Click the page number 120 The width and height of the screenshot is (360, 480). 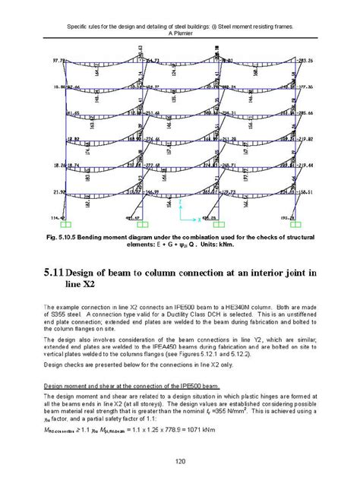coord(179,460)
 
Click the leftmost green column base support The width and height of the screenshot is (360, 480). coord(67,226)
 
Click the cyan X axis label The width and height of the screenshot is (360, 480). coord(201,219)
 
